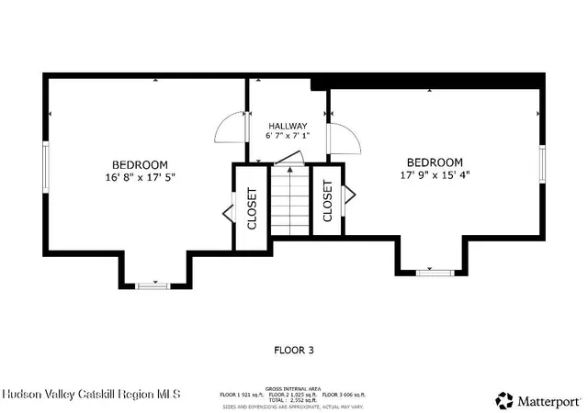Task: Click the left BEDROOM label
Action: (x=141, y=165)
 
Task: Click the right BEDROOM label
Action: (x=435, y=162)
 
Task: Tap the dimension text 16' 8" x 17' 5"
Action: (x=141, y=178)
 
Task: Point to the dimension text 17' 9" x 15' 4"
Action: (x=435, y=174)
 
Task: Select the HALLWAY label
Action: (x=288, y=126)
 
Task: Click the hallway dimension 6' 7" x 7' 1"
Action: (x=288, y=137)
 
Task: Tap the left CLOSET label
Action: (x=252, y=207)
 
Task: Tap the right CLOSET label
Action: (x=327, y=201)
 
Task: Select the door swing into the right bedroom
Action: (x=345, y=138)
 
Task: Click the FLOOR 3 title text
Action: (x=294, y=350)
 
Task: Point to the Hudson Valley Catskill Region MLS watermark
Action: (x=92, y=395)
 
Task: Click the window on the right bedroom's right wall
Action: (x=542, y=162)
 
